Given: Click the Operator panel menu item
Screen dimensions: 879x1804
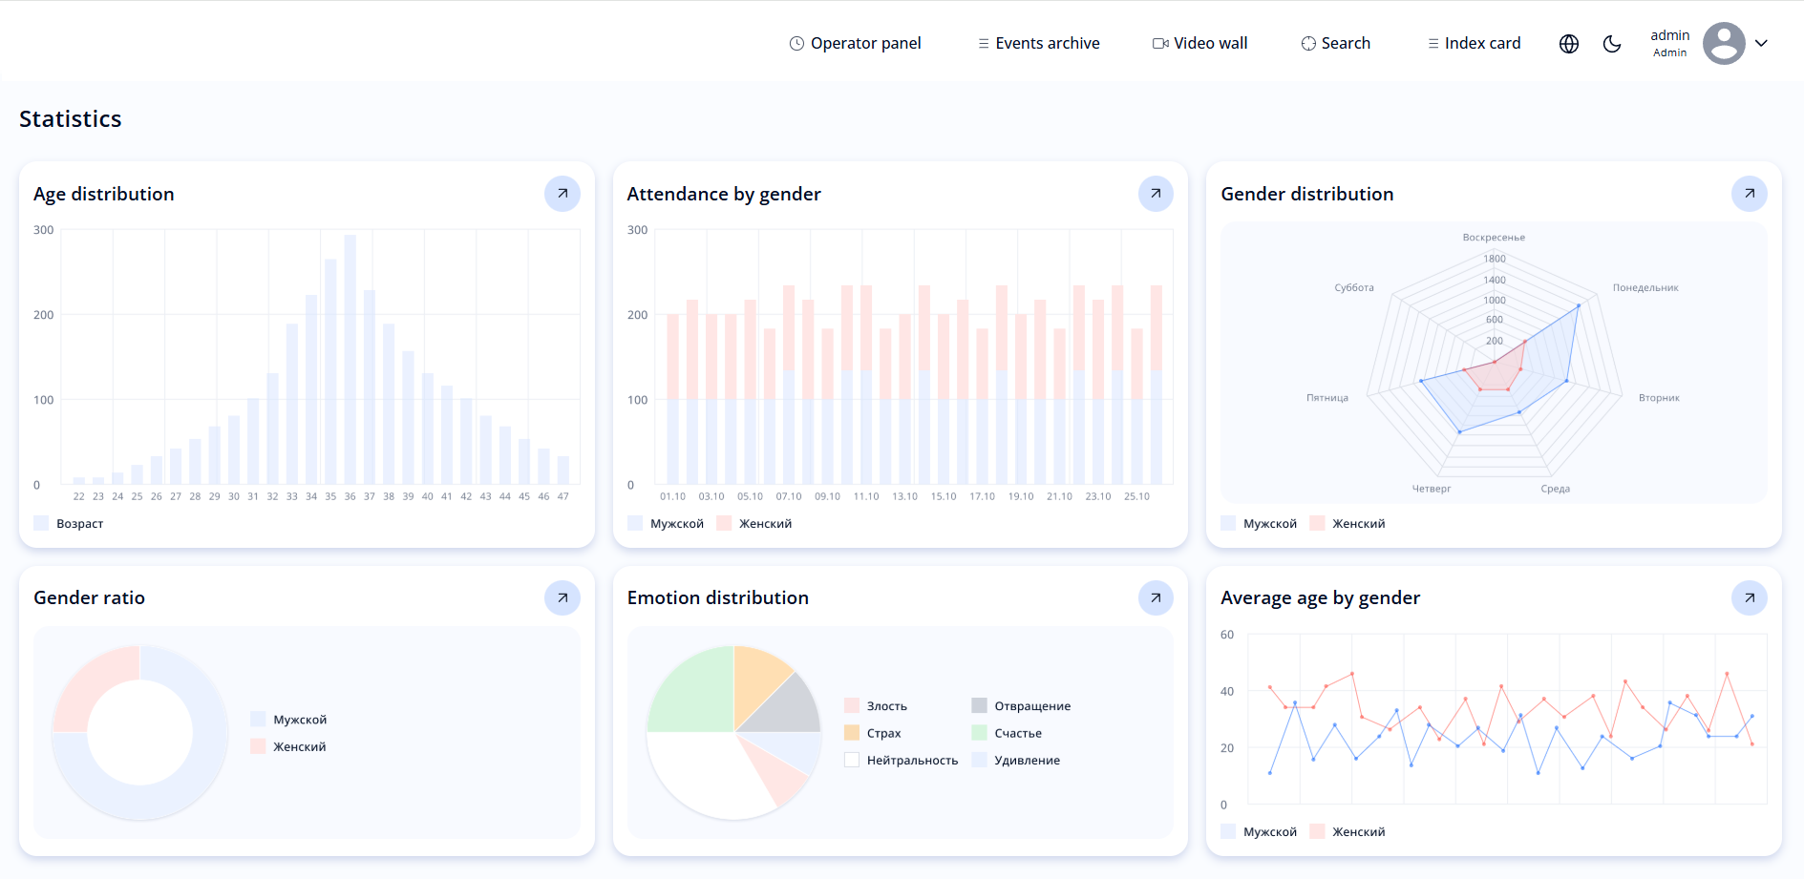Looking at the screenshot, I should coord(855,43).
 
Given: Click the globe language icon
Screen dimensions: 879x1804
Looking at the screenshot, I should coord(1569,44).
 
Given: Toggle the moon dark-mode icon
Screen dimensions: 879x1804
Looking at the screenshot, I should coord(1612,44).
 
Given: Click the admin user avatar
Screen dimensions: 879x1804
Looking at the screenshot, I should coord(1724,43).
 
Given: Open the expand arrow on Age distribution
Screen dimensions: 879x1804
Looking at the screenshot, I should coord(562,194).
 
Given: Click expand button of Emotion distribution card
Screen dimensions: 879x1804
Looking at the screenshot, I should coord(1156,597).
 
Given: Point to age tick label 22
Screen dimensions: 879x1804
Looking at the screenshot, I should coord(78,496).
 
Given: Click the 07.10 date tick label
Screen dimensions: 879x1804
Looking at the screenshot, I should coord(789,496).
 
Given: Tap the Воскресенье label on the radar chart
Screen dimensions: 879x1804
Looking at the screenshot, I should coord(1494,238).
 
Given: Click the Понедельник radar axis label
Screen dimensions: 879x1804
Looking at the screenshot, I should coord(1645,287).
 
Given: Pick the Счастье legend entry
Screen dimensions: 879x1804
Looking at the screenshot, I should coord(1017,733).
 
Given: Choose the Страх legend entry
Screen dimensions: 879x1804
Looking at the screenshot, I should coord(883,733).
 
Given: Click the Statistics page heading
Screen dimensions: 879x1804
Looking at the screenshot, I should coord(71,119).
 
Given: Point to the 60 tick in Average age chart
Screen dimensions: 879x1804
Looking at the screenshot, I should coord(1227,635).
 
